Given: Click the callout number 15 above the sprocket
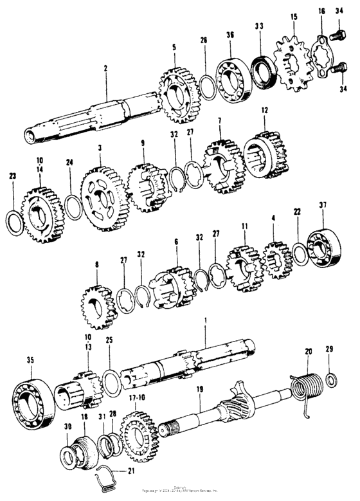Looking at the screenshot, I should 294,16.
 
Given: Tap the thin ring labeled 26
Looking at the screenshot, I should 205,83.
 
